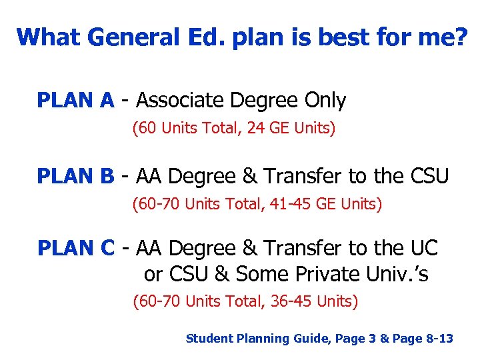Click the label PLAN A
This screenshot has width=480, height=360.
[x=75, y=101]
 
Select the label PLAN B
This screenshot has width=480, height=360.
[x=75, y=177]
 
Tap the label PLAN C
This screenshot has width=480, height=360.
[x=75, y=249]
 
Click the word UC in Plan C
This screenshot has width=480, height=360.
[x=425, y=249]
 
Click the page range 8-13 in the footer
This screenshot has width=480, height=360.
[x=439, y=339]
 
